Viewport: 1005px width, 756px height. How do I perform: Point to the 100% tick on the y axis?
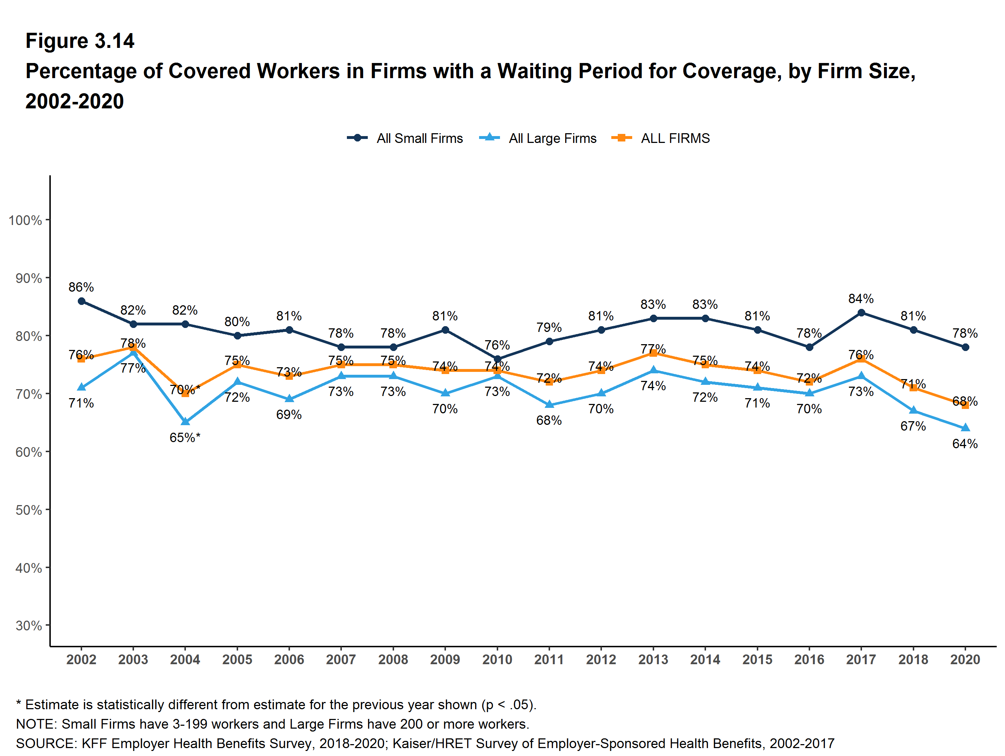25,220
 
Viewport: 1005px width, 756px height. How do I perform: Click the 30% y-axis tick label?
28,626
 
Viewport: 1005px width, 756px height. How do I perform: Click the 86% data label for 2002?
81,287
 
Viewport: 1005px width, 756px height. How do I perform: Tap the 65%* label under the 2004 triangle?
185,438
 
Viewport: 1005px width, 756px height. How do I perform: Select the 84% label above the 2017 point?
861,299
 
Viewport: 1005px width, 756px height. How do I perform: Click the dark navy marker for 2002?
81,301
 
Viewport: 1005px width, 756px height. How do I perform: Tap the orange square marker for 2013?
653,353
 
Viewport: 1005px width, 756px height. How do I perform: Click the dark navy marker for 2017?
861,312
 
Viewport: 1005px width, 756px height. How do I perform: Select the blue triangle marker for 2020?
965,428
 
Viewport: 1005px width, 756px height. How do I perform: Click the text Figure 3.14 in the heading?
80,41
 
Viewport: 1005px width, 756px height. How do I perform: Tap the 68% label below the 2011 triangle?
549,420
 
